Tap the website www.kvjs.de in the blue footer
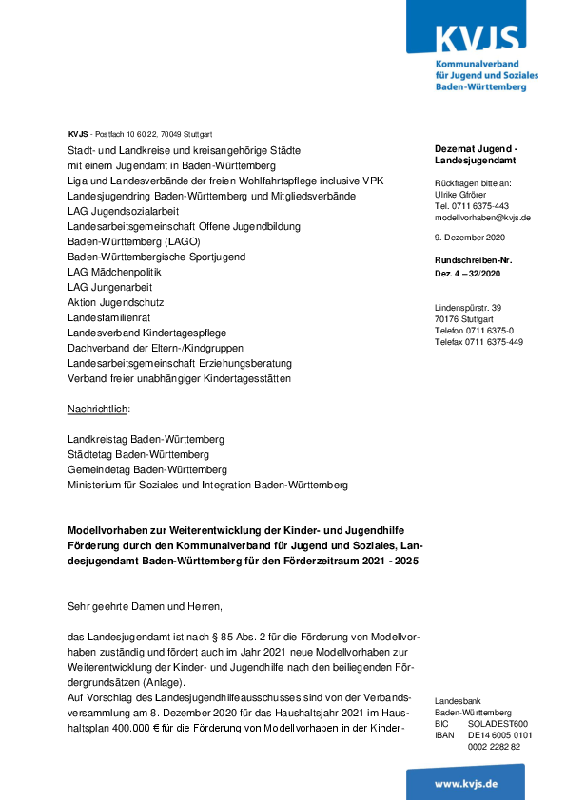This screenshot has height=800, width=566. (x=479, y=783)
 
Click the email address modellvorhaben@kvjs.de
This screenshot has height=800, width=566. (x=482, y=218)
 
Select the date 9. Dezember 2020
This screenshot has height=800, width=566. (x=470, y=237)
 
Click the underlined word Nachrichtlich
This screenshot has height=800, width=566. (x=98, y=409)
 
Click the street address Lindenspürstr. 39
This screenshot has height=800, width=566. (x=467, y=307)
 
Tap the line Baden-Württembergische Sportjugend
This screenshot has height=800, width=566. (x=156, y=257)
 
